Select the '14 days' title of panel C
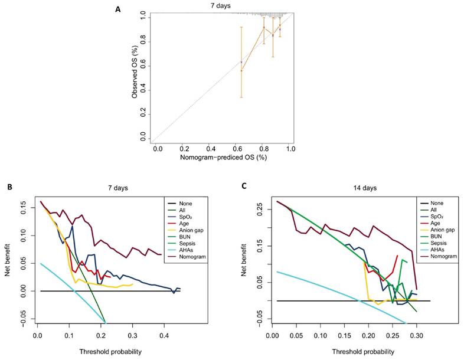(348, 188)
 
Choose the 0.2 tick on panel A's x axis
(184, 150)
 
